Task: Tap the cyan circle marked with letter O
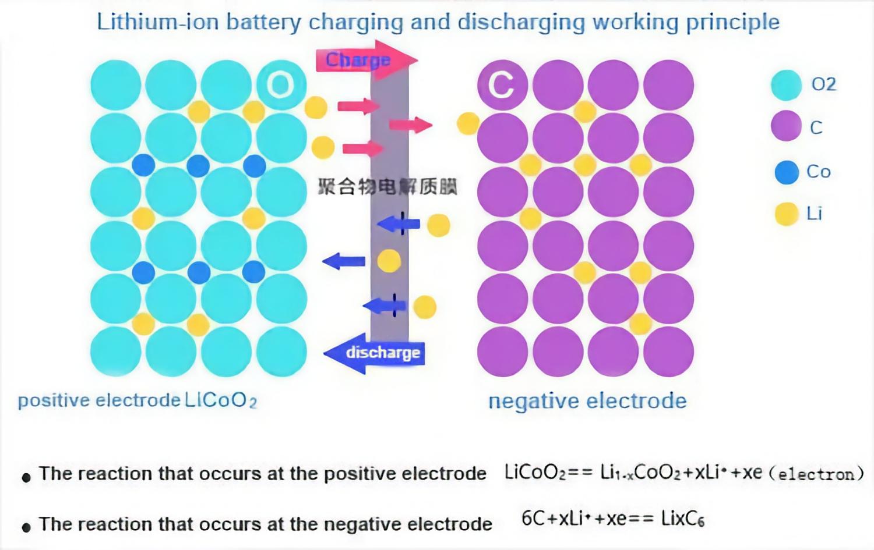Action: (281, 85)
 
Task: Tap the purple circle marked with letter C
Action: (502, 85)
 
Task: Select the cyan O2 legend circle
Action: (786, 85)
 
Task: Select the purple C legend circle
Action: (786, 126)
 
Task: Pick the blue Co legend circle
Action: (786, 172)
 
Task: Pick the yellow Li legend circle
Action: (786, 214)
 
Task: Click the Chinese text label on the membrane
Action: (387, 187)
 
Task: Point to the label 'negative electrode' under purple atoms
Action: (587, 401)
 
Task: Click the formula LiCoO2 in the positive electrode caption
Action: (221, 400)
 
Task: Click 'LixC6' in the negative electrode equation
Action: (682, 519)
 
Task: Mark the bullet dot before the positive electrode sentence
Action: (26, 478)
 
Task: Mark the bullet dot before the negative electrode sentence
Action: (26, 528)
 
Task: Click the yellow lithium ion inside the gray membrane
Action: (389, 261)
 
